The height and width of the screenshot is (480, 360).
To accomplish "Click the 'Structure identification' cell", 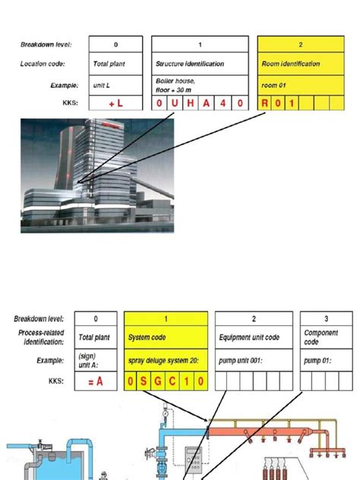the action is coord(186,65).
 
